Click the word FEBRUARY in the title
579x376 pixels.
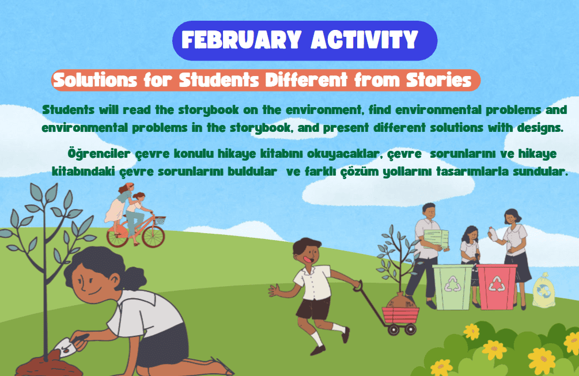pyautogui.click(x=241, y=40)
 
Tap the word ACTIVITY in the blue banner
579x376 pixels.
pyautogui.click(x=365, y=40)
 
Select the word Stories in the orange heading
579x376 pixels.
pyautogui.click(x=439, y=80)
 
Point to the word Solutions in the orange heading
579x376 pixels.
pyautogui.click(x=95, y=80)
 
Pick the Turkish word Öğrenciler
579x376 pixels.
pyautogui.click(x=99, y=154)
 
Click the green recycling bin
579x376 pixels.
pyautogui.click(x=452, y=287)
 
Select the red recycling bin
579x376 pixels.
pyautogui.click(x=496, y=287)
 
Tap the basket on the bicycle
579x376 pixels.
pyautogui.click(x=160, y=221)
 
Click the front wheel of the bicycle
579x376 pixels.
pyautogui.click(x=153, y=237)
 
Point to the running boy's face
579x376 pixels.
pyautogui.click(x=308, y=255)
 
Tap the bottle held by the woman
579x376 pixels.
pyautogui.click(x=493, y=234)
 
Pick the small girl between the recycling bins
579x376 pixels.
pyautogui.click(x=470, y=255)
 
